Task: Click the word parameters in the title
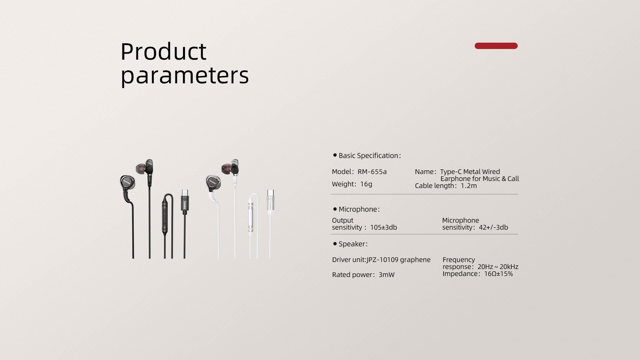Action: coord(185,76)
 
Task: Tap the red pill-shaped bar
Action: coord(496,46)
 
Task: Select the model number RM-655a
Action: coord(372,172)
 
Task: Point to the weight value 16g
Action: coord(366,184)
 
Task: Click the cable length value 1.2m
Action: coord(469,186)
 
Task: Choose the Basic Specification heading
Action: coord(370,156)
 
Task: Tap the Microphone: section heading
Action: coord(359,209)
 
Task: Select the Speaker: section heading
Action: coord(353,244)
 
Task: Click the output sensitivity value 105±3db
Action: coord(384,227)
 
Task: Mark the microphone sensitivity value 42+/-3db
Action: coord(493,227)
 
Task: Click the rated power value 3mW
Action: coord(387,275)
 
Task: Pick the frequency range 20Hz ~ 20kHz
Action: coord(498,267)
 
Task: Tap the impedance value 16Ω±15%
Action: coord(498,274)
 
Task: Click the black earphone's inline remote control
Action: coord(165,217)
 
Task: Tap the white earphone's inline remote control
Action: coord(250,217)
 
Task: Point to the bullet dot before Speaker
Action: coord(335,244)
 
